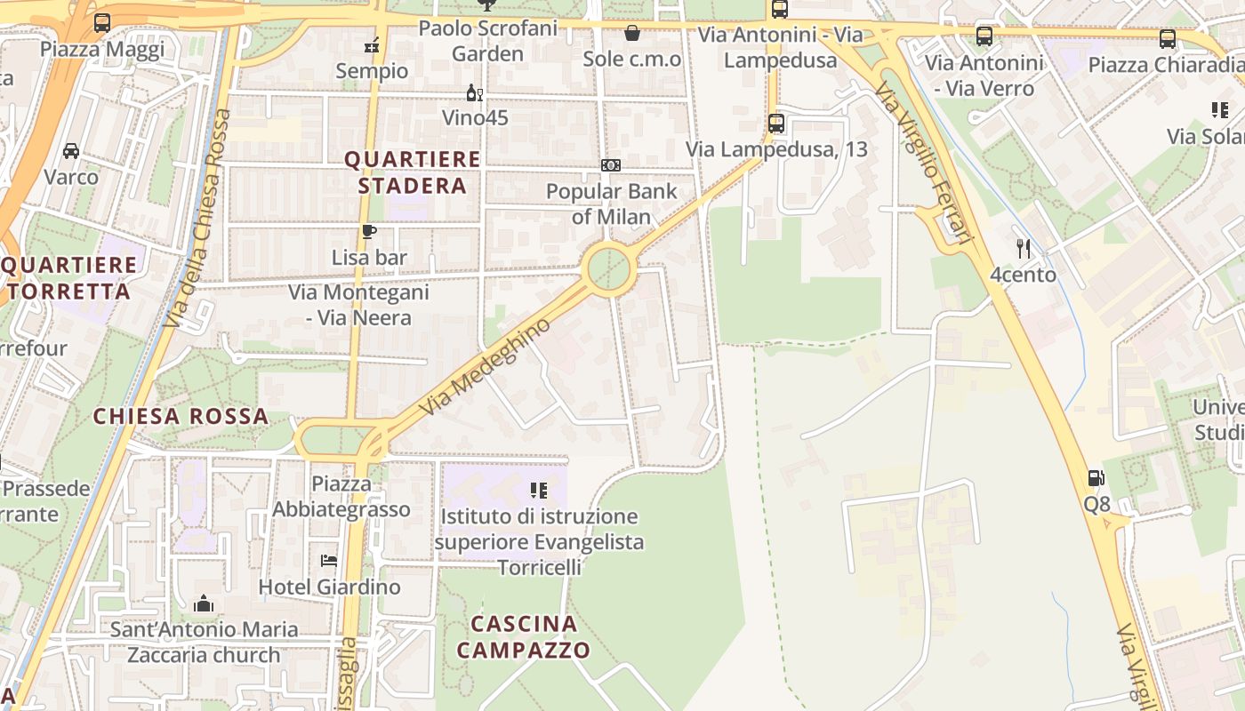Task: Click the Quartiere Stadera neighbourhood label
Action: coord(412,172)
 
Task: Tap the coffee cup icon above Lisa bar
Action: coord(369,232)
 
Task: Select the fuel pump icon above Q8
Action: coord(1096,478)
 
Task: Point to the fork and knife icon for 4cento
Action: coord(1024,249)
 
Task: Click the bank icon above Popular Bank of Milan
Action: coord(611,165)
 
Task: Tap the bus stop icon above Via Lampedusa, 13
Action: coord(776,123)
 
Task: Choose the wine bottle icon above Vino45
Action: coord(475,92)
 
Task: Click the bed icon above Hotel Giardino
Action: coord(329,561)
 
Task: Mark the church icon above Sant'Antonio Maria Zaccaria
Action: coord(204,604)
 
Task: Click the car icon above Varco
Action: coord(71,151)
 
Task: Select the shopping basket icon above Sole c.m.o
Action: coord(632,34)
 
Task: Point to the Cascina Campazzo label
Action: coord(524,636)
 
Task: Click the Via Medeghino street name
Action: coord(486,367)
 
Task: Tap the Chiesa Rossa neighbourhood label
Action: coord(181,416)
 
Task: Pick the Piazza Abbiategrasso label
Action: coord(341,497)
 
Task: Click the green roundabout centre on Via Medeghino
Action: coord(609,267)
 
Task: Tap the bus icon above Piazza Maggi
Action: coord(102,23)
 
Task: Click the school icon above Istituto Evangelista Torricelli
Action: coord(538,490)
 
